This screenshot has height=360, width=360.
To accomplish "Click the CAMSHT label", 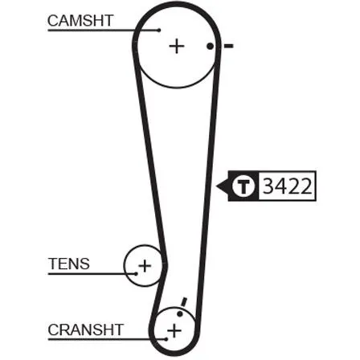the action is coord(80,20).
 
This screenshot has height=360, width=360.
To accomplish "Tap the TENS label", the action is coord(69,264).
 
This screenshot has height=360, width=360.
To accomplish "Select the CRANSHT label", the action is coord(86,329).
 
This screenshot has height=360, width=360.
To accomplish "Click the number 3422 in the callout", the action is coord(288,186).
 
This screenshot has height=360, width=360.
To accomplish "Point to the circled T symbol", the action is coord(243,186).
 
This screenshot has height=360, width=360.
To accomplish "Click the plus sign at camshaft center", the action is coord(177,47).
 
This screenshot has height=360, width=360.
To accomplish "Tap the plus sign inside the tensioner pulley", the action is coord(145,266).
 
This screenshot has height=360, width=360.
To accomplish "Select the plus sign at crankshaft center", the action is coord(174,330).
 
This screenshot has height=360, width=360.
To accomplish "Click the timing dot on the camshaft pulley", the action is coord(211,47).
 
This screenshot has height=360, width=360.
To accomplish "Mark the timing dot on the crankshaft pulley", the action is coord(180,313).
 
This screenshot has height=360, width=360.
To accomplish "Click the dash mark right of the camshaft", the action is coord(229,47).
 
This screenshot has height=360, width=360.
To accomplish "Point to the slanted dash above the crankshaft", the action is coord(184,301).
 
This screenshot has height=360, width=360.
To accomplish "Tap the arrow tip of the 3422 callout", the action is coord(216,186).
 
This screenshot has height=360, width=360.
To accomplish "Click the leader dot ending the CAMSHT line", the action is coord(159,30).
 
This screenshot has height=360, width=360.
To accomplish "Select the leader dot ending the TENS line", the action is coord(136,274).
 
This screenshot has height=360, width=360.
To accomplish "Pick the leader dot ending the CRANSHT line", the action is coord(166,339).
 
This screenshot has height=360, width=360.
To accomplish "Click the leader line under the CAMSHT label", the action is coord(104,30).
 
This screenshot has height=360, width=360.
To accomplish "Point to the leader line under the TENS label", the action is coord(92,274).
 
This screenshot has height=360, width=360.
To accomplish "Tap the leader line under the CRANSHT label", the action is coord(107,339).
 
